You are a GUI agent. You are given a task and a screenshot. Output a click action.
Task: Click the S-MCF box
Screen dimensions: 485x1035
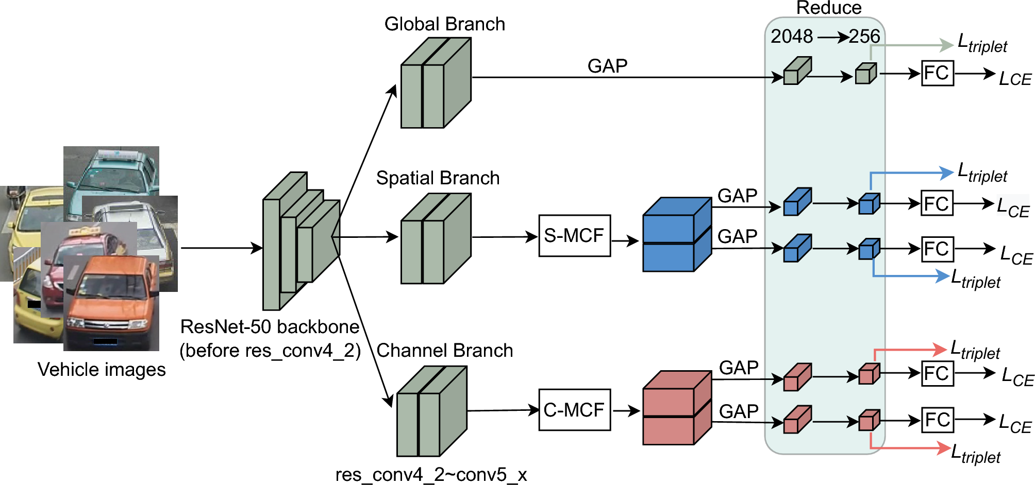574,236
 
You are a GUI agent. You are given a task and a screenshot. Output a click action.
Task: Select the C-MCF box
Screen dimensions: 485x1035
574,410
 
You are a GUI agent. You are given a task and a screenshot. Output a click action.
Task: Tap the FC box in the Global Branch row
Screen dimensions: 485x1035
937,73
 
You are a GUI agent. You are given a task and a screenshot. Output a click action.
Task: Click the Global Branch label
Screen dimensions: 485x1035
444,24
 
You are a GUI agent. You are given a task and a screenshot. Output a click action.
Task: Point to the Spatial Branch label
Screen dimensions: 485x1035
438,178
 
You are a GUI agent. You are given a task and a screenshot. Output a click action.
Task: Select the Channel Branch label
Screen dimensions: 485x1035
444,351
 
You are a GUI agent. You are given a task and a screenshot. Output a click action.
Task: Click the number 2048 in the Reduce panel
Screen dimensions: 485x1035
791,36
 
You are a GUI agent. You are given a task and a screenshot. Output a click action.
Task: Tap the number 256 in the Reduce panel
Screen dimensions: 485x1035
864,36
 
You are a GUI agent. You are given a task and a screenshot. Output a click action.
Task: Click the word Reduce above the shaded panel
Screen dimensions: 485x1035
828,8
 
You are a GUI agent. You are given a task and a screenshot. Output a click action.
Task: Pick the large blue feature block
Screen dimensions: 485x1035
676,235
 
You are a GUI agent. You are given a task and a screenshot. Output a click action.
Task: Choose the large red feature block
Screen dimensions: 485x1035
676,408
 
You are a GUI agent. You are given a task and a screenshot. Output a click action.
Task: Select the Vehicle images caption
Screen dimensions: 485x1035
102,370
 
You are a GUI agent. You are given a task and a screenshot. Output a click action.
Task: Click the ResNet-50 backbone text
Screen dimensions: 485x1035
270,327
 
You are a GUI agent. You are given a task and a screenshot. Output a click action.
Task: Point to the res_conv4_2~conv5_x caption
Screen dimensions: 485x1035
431,474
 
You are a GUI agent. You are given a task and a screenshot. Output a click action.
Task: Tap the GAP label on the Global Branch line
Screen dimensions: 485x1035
607,66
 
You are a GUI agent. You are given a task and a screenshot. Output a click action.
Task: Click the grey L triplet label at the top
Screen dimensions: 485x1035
982,44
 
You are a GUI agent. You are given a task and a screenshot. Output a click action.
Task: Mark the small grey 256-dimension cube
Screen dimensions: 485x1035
865,74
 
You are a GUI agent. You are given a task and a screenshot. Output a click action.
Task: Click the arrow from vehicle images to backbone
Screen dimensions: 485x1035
222,248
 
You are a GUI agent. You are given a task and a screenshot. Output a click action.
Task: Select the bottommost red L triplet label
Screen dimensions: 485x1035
975,455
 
